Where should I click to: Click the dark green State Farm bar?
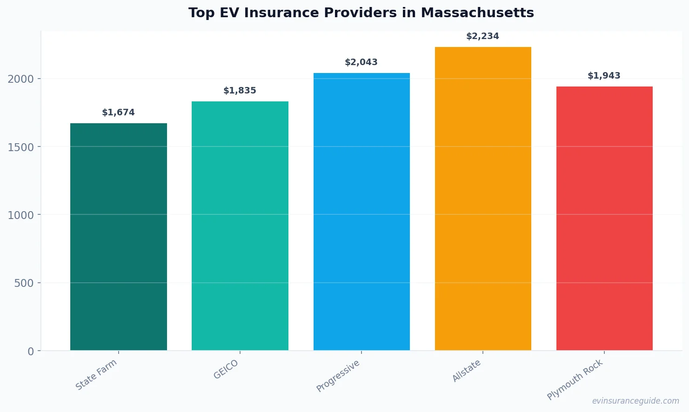tap(118, 237)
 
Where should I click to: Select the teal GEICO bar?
tap(240, 226)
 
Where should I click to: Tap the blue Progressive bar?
tap(361, 212)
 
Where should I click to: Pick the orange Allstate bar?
tap(483, 199)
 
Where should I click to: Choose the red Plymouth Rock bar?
tap(604, 219)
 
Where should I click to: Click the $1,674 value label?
tap(118, 113)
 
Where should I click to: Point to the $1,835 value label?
tap(240, 91)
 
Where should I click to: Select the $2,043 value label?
tap(361, 62)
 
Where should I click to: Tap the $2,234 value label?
tap(482, 36)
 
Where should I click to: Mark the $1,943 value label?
tap(604, 76)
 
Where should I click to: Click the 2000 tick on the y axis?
tap(21, 79)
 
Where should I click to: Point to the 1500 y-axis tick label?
tap(21, 147)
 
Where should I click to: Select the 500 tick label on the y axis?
tap(24, 283)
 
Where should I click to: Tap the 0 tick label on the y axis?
tap(31, 352)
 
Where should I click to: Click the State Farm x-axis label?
tap(96, 375)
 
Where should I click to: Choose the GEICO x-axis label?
tap(226, 370)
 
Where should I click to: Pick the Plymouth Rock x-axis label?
tap(575, 379)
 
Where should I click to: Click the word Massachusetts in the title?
tap(477, 13)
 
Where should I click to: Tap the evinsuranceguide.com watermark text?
tap(635, 401)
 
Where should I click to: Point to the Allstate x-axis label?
tap(467, 371)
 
